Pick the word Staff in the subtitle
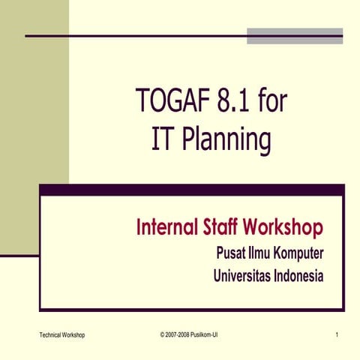click(x=221, y=226)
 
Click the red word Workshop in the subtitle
click(x=284, y=226)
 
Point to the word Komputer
click(x=298, y=253)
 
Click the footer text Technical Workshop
click(x=61, y=334)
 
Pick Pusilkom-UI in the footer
click(x=205, y=334)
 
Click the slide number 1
click(x=338, y=334)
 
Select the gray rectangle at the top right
click(x=295, y=35)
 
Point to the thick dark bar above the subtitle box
click(x=191, y=189)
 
